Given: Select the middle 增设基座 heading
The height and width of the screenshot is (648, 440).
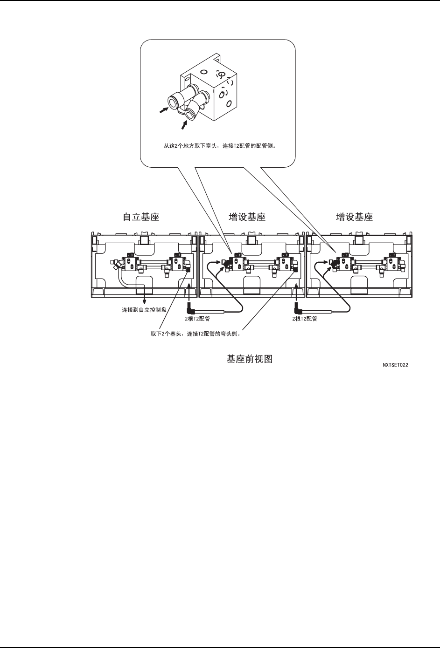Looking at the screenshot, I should pos(247,217).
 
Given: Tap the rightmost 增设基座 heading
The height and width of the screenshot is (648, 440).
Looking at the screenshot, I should pos(354,217).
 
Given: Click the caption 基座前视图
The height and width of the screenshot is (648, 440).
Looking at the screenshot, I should pos(249,360).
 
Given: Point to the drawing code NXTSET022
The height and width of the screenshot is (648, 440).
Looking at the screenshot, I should pos(395,365).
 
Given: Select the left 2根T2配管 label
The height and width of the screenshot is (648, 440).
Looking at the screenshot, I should pos(197,319).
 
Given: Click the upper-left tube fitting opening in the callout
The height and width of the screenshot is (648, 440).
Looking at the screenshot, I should pos(173,101).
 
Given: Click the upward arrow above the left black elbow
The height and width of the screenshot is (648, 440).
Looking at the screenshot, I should pos(189,286).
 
